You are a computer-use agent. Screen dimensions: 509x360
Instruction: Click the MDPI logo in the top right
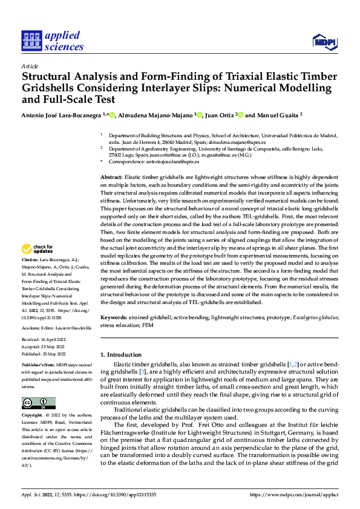tap(324, 41)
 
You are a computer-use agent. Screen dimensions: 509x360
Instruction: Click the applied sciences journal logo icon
tap(31, 41)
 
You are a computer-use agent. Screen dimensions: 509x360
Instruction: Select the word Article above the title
tap(30, 66)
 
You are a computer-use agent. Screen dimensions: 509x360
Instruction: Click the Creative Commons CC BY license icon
tap(38, 403)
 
